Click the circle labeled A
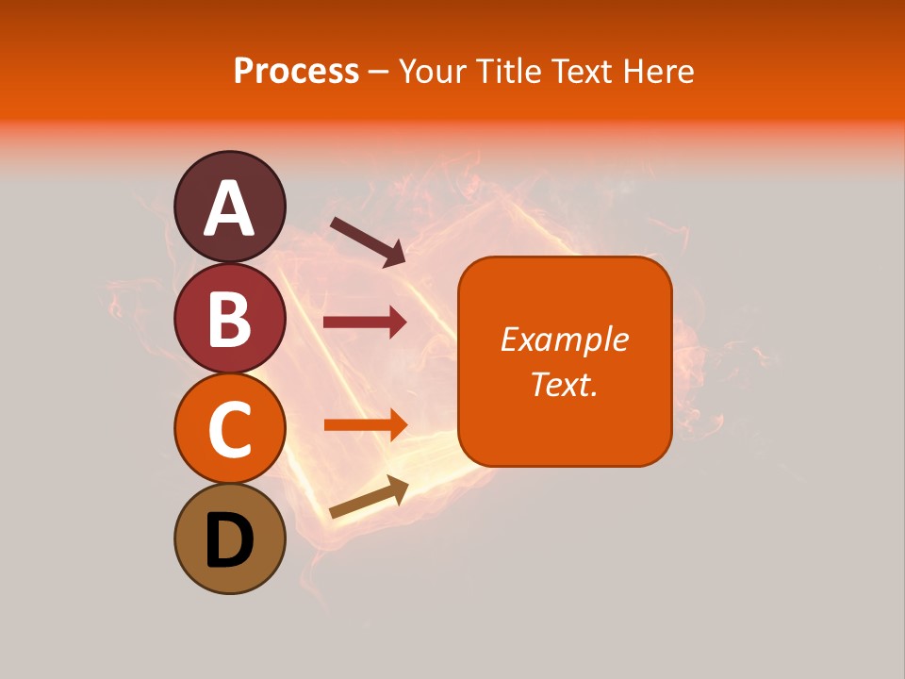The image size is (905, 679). tap(229, 206)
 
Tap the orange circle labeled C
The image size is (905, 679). tap(229, 428)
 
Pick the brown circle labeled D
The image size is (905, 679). tap(229, 539)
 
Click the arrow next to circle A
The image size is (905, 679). tap(368, 240)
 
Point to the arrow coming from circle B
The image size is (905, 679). tap(365, 323)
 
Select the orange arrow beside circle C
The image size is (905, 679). tap(365, 424)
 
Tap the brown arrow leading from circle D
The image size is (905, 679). tap(369, 497)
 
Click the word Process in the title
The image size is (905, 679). tap(296, 72)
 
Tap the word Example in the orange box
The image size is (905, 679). tap(564, 339)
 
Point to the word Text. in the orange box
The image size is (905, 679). tap(564, 384)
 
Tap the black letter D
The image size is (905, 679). tap(229, 542)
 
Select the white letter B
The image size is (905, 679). tap(229, 319)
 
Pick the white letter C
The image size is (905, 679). tap(229, 430)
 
